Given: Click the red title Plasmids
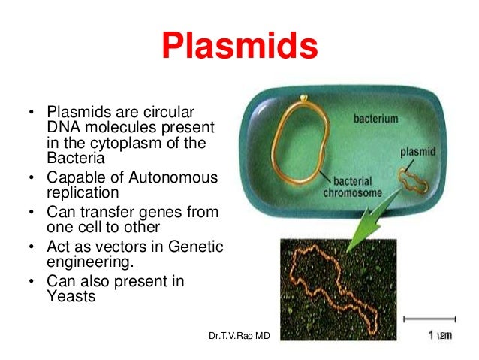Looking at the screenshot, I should pyautogui.click(x=239, y=47).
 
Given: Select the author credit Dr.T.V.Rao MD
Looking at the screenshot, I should pyautogui.click(x=239, y=335).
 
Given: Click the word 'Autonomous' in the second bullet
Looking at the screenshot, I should pyautogui.click(x=176, y=177).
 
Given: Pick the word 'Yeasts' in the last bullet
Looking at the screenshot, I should pyautogui.click(x=69, y=296).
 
